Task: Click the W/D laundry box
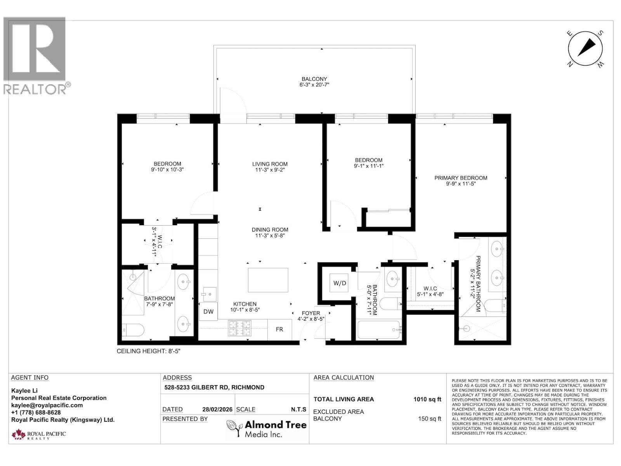pyautogui.click(x=340, y=283)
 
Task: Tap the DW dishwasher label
pyautogui.click(x=208, y=311)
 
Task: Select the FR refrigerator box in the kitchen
pyautogui.click(x=279, y=329)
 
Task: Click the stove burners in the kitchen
pyautogui.click(x=239, y=328)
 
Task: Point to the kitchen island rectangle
pyautogui.click(x=268, y=280)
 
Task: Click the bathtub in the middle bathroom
pyautogui.click(x=379, y=330)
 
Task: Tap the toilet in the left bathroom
pyautogui.click(x=133, y=330)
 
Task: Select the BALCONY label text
pyautogui.click(x=314, y=79)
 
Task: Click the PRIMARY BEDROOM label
pyautogui.click(x=461, y=178)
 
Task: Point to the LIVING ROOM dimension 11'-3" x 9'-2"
pyautogui.click(x=270, y=170)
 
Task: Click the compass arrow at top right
pyautogui.click(x=586, y=48)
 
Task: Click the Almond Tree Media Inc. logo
pyautogui.click(x=267, y=429)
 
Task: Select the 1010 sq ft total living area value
pyautogui.click(x=427, y=399)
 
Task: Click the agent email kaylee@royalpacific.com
pyautogui.click(x=47, y=405)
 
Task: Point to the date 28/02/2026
pyautogui.click(x=218, y=409)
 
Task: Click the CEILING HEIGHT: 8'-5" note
pyautogui.click(x=149, y=351)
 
